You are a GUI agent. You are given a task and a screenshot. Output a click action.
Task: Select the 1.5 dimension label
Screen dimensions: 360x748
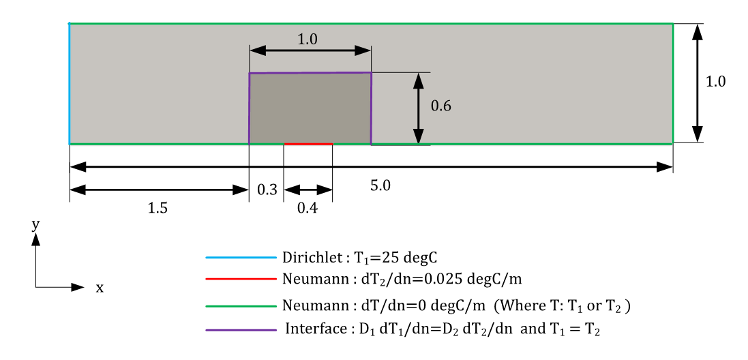point(158,209)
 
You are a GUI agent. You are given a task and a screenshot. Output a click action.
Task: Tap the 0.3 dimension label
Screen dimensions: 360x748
point(266,190)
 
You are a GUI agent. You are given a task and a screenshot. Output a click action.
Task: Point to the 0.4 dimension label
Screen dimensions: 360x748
point(308,209)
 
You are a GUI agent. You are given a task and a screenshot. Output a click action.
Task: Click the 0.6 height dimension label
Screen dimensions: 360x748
point(441,106)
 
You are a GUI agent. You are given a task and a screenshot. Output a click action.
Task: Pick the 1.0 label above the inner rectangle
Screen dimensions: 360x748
point(308,40)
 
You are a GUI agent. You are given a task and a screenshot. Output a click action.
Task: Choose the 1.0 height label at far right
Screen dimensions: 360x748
point(715,80)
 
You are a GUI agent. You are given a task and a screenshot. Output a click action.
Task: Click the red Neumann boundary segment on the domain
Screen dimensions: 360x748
point(308,144)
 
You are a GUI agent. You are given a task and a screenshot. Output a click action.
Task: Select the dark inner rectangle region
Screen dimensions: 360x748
point(310,108)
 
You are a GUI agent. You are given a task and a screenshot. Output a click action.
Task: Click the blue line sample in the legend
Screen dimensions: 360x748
point(240,258)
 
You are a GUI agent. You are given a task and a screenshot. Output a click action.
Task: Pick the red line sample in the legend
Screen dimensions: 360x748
point(240,279)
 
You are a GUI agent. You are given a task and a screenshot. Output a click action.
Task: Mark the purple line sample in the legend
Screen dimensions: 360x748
point(240,330)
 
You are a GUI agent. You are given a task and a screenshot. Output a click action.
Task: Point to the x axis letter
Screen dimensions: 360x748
point(100,288)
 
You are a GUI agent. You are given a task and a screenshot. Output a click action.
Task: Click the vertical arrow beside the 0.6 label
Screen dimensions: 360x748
point(415,108)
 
